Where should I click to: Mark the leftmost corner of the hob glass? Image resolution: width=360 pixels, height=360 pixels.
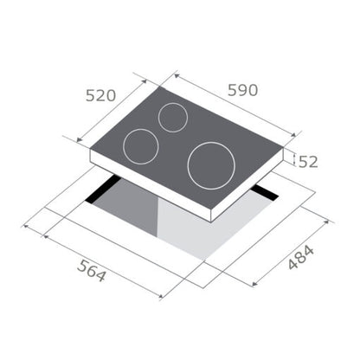[91, 148]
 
